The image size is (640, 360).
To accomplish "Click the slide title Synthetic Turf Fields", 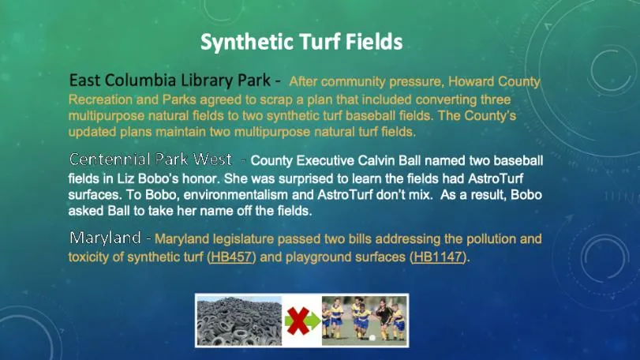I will (301, 41).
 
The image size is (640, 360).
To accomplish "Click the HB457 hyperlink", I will (231, 257).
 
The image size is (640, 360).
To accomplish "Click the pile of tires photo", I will (238, 320).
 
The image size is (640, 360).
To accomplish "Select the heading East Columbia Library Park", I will (170, 81).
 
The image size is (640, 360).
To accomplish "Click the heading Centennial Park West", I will (150, 159).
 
